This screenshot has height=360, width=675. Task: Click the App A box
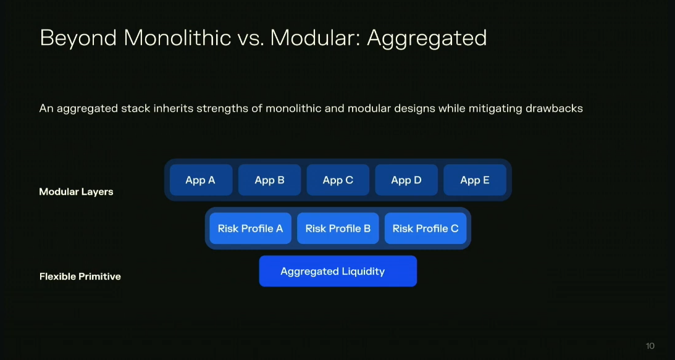[201, 180]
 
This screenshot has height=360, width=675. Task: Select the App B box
[269, 180]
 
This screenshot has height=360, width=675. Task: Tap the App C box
[338, 180]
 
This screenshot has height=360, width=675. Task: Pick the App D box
[406, 180]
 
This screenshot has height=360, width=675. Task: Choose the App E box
[475, 180]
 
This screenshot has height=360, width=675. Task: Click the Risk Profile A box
[251, 228]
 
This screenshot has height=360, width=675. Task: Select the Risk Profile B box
[338, 228]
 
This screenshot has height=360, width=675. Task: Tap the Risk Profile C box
[426, 228]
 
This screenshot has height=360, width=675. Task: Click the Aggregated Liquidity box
[338, 271]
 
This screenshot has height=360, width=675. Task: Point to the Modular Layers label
[76, 191]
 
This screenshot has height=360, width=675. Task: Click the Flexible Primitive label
[80, 277]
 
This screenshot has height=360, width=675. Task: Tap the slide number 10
[650, 346]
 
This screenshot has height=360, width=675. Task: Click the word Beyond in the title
[78, 38]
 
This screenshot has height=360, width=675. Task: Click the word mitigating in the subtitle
[495, 109]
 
